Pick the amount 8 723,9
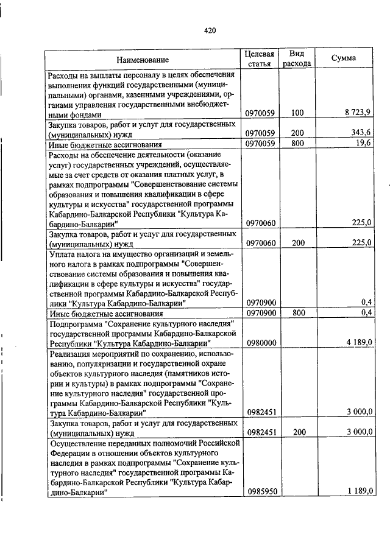pyautogui.click(x=358, y=113)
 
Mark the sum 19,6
pyautogui.click(x=364, y=144)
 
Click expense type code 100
pyautogui.click(x=297, y=113)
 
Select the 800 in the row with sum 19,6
pyautogui.click(x=297, y=144)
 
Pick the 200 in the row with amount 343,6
pyautogui.click(x=297, y=133)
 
